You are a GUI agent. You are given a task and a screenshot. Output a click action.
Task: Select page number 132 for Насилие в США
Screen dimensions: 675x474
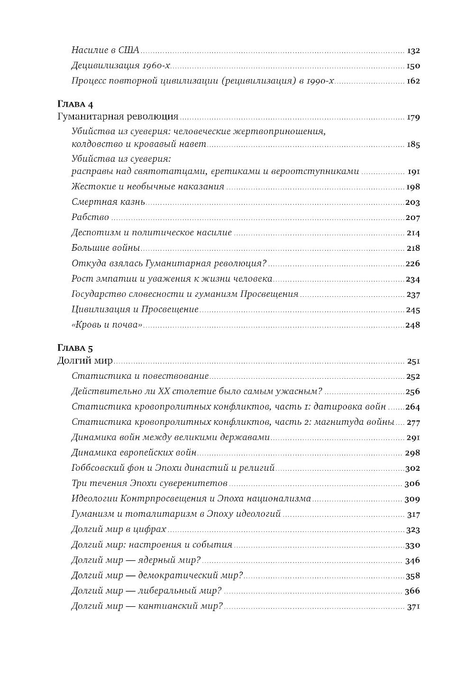(413, 51)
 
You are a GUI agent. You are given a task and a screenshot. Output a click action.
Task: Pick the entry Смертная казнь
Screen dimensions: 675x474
(108, 202)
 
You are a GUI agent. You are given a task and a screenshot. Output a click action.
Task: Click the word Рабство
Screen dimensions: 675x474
(90, 217)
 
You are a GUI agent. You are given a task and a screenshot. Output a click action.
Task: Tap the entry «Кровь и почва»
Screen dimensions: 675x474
(107, 325)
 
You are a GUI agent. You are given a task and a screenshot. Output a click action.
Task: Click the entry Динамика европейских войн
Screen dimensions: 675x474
(134, 453)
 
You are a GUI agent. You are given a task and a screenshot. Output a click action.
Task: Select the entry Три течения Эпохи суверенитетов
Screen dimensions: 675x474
(149, 483)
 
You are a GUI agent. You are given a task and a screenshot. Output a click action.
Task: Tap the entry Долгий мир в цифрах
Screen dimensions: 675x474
(118, 529)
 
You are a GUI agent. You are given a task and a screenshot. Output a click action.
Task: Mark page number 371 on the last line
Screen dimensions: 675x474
(413, 607)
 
